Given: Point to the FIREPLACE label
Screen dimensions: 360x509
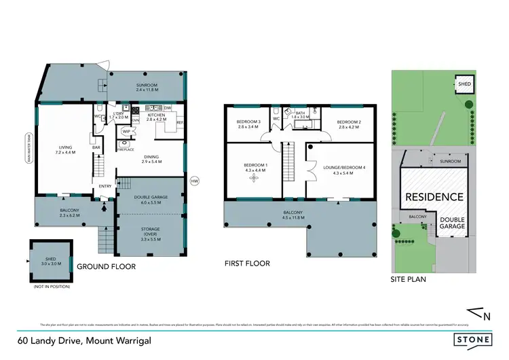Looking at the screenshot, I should point(125,149).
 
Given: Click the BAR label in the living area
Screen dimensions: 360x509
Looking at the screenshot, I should point(96,147).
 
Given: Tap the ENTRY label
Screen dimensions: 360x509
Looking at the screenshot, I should point(105,186).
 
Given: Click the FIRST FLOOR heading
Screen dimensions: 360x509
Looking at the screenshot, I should point(248,264).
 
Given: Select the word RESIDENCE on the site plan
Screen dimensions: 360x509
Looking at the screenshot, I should point(434,197).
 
